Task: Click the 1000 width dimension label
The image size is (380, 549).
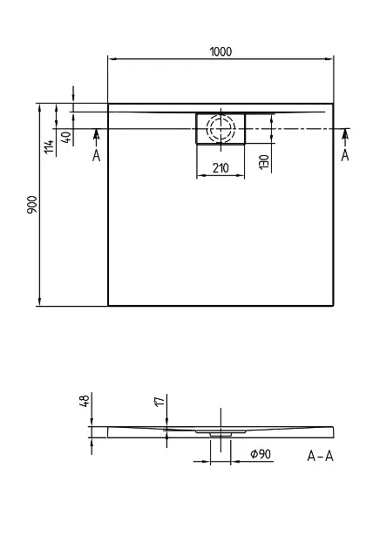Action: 221,51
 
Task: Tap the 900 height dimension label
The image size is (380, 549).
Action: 32,205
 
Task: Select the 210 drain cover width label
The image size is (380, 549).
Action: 221,168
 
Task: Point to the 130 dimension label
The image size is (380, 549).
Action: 264,162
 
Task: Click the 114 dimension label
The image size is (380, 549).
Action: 49,146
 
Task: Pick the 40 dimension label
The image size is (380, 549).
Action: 68,137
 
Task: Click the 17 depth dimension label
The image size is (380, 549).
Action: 159,402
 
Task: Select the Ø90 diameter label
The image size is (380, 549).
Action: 261,454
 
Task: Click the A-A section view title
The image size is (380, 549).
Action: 320,456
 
